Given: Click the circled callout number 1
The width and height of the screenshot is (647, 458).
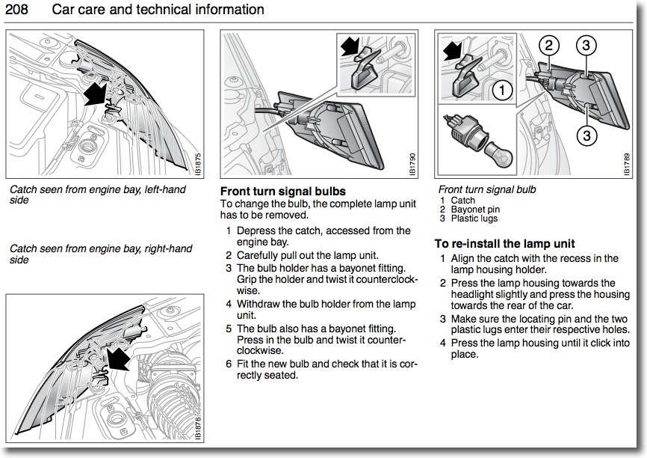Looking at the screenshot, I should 503,91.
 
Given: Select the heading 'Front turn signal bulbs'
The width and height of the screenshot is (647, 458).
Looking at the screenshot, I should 283,192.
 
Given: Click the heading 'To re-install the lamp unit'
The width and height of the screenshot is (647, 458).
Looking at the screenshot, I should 504,244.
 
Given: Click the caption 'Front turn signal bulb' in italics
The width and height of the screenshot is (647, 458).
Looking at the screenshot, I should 487,190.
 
